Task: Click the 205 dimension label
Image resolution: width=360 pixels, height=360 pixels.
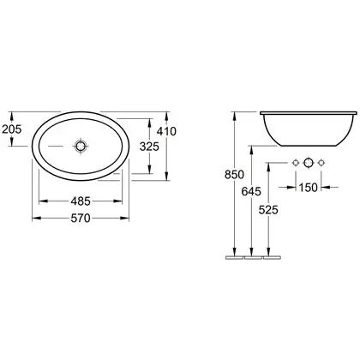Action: (x=12, y=129)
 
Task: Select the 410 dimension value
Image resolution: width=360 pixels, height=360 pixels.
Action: (x=166, y=131)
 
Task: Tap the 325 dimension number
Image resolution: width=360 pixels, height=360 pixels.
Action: (x=149, y=147)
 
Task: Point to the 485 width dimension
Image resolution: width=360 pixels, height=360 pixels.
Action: (x=81, y=201)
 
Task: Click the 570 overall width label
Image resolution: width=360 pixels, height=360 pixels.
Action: (x=81, y=218)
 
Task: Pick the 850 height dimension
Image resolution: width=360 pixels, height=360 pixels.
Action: (x=234, y=174)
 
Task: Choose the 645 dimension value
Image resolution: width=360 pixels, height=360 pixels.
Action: (x=251, y=191)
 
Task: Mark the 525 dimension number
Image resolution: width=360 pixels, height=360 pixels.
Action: (x=268, y=210)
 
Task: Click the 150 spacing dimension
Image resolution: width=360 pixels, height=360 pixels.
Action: (x=309, y=188)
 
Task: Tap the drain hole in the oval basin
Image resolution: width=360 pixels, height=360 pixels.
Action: (x=81, y=147)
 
